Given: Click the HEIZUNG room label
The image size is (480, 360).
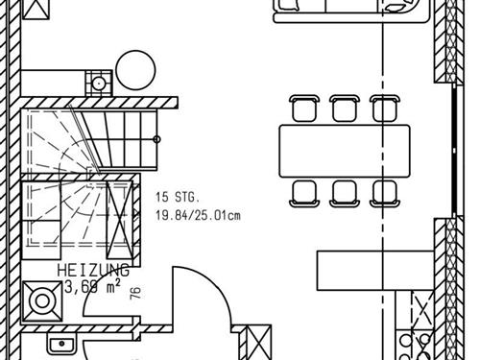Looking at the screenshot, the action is [x=93, y=271].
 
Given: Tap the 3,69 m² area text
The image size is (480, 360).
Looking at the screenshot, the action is [x=93, y=286].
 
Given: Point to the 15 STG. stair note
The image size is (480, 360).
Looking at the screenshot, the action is [x=178, y=197].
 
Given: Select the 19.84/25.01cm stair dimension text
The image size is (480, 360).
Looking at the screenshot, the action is [x=198, y=215].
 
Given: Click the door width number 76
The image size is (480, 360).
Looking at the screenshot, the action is [x=135, y=293].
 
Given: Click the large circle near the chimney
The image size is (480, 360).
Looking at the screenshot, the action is [x=135, y=70].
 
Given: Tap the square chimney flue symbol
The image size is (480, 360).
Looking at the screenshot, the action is [x=99, y=84].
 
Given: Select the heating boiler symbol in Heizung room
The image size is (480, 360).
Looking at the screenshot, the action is [x=42, y=301].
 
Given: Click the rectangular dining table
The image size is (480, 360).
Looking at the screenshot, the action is [x=345, y=151].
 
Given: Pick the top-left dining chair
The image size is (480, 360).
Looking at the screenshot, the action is [x=304, y=108].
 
